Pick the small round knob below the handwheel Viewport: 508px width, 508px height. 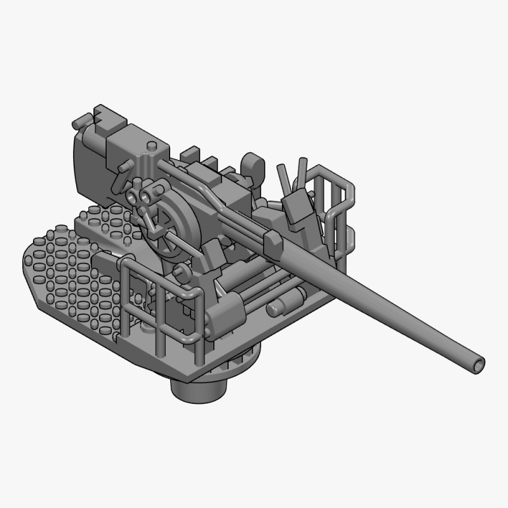[x=180, y=272]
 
